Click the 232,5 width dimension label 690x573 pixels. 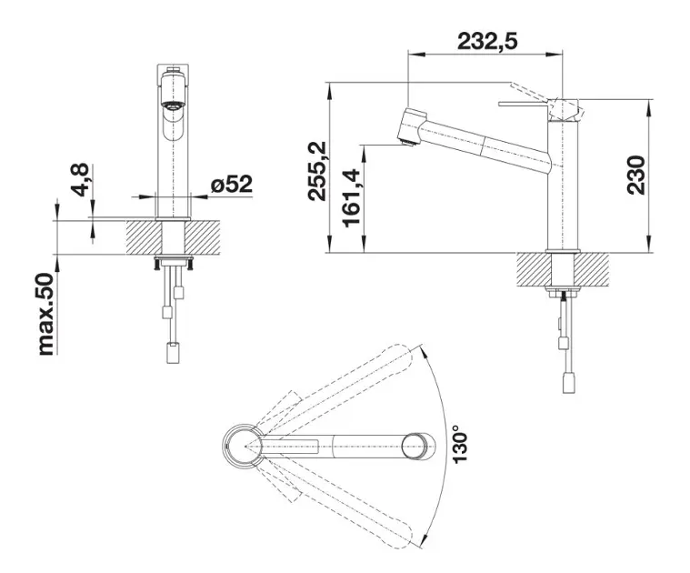[x=487, y=41]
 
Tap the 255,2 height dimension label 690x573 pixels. [x=317, y=171]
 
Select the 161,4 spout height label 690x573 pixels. [x=352, y=198]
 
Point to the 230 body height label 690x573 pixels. [x=636, y=175]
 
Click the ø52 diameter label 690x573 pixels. [x=232, y=184]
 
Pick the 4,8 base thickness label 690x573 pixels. [x=80, y=179]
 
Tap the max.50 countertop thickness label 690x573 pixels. [x=45, y=314]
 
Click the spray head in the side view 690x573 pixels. [x=412, y=127]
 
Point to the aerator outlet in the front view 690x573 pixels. [x=173, y=106]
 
